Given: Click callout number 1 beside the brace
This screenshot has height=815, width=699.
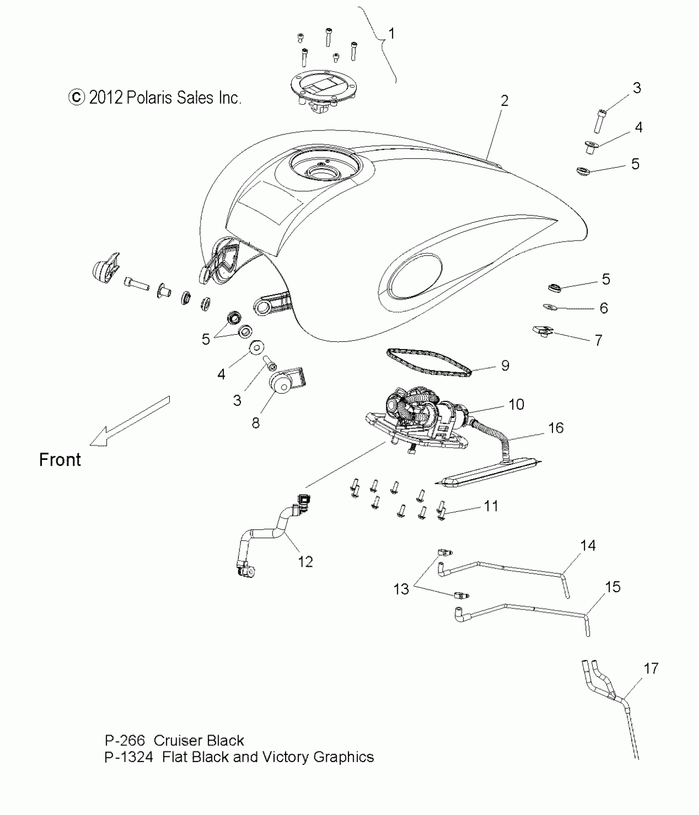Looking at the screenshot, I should coord(392,34).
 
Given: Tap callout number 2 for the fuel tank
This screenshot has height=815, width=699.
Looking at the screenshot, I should coord(505,101).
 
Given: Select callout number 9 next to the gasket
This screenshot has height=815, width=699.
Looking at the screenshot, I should coord(505,365).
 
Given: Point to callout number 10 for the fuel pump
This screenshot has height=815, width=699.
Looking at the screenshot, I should coord(516,404).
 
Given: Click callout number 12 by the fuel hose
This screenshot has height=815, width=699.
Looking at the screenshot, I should coord(305,561).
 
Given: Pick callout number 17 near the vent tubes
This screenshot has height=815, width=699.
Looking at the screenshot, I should coord(651,669).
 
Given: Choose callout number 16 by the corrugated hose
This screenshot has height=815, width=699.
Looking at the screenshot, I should coord(556,428).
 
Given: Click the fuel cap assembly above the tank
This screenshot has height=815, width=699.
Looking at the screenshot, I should coord(323,95).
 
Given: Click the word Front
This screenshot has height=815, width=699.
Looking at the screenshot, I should coord(60,459).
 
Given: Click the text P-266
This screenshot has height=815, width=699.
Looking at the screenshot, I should coord(125,741).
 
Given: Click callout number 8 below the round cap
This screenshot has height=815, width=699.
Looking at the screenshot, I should coord(256,423).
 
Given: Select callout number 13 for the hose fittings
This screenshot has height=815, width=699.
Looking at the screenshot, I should coord(401,589).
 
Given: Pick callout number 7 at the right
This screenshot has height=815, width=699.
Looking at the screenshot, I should coord(599,340).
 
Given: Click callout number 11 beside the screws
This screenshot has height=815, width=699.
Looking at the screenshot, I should coord(491,506).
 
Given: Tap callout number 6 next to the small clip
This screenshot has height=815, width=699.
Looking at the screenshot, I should coord(604,308).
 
